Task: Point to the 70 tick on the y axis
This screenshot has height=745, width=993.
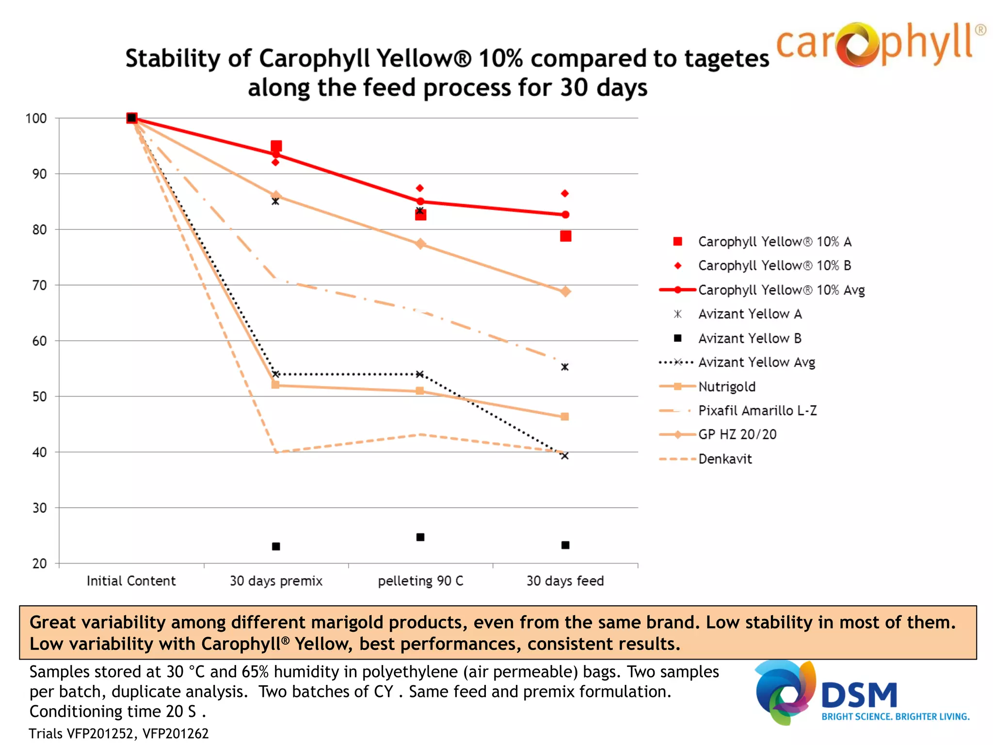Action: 40,285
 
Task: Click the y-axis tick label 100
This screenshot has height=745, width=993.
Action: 36,118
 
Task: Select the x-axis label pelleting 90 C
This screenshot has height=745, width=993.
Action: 420,581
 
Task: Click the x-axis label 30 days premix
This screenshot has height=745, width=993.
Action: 276,581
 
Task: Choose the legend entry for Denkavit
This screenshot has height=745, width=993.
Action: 724,459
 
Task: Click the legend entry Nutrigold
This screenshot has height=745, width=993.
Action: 726,387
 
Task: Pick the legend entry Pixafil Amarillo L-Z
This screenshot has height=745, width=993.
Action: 757,410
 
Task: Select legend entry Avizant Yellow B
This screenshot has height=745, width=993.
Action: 749,338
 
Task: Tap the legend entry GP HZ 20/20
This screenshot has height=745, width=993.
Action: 737,434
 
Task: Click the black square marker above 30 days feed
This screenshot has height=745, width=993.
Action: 565,545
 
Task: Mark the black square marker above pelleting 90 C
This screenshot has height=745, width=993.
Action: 420,537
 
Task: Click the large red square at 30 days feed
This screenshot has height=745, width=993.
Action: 565,236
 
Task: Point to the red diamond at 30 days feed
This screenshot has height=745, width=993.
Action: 564,194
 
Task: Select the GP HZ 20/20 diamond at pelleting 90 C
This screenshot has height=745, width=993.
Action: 420,243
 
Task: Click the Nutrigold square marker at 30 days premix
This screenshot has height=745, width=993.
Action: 275,385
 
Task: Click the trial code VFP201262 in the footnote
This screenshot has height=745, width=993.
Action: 176,733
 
